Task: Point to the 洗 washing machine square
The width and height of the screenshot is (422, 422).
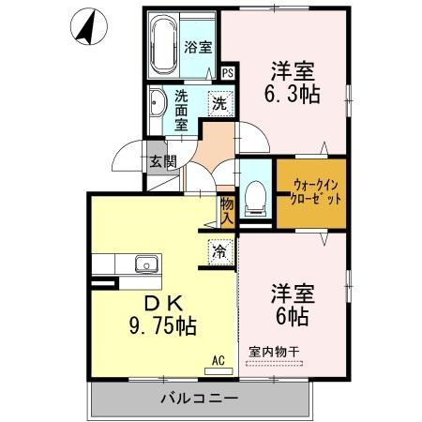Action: [x=219, y=103]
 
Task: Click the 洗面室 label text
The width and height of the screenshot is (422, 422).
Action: [x=182, y=109]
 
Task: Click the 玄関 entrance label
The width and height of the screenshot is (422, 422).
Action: [x=161, y=161]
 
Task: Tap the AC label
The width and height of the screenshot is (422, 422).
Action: [x=219, y=360]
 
